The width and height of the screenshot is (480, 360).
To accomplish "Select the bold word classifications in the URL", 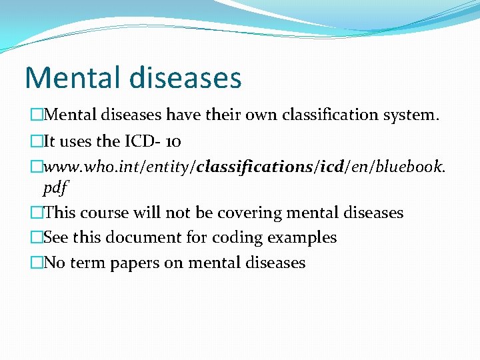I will (256, 167).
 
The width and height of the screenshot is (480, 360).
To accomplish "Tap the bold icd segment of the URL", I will (332, 167).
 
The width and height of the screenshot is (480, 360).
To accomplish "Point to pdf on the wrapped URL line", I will (55, 189).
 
